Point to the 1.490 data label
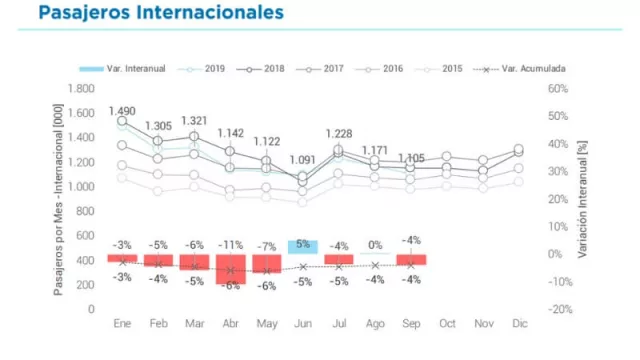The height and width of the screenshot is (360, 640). click(123, 111)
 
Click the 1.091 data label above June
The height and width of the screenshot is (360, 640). click(303, 159)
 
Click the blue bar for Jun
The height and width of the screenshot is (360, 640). click(303, 247)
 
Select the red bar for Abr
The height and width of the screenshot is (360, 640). click(231, 269)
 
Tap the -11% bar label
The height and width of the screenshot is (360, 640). click(231, 245)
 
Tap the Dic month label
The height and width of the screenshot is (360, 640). click(518, 325)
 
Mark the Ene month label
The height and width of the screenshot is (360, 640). click(123, 325)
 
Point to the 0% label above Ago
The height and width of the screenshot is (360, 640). click(375, 245)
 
